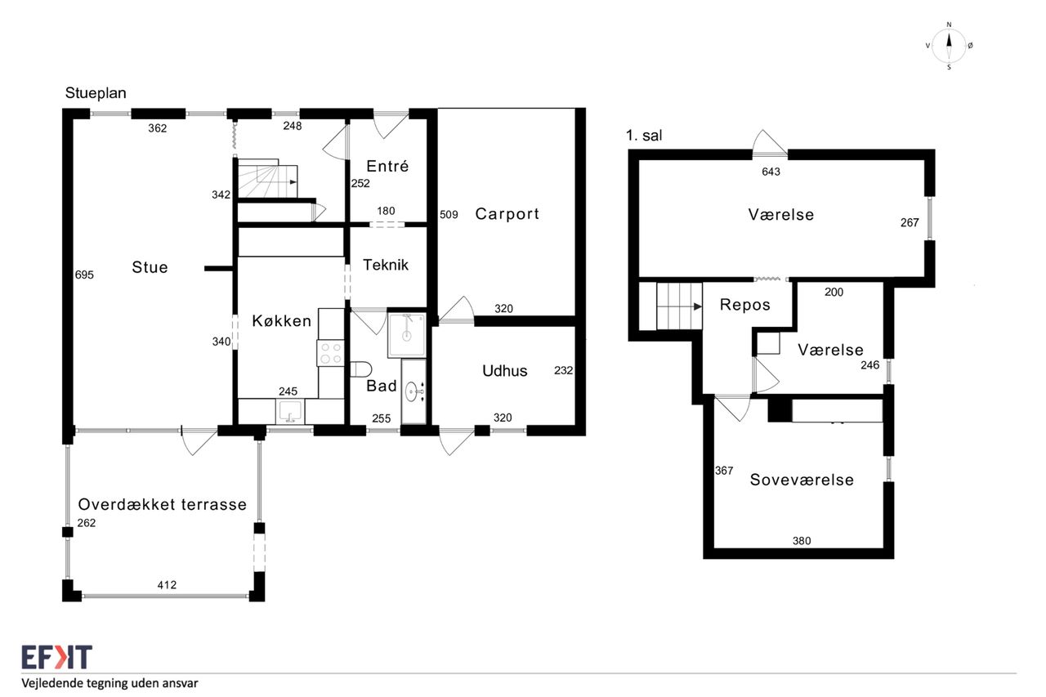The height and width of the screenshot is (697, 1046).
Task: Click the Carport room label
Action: (507, 214)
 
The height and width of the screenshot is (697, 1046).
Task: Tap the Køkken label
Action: (282, 321)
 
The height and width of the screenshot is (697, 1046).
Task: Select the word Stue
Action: (150, 267)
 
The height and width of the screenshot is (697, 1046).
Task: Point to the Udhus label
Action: (505, 371)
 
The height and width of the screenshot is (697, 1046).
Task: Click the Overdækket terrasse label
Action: (162, 504)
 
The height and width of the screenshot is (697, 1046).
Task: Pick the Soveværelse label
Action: (802, 480)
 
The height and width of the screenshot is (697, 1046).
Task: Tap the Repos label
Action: (744, 305)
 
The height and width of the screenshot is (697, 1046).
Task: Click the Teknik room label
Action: (386, 265)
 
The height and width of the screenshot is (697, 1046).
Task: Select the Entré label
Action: (387, 166)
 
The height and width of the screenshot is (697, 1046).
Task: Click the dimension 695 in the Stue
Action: (84, 275)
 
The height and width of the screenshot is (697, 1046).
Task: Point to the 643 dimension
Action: (771, 172)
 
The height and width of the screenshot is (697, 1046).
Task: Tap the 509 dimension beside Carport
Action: (449, 215)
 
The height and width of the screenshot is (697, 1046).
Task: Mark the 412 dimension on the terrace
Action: (167, 585)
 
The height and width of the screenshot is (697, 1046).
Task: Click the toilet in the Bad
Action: (360, 369)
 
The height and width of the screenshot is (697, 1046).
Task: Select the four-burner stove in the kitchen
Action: (331, 353)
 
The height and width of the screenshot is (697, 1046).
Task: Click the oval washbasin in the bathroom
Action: (411, 391)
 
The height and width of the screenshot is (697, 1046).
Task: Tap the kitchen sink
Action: (289, 411)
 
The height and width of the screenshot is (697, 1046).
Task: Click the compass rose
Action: (949, 46)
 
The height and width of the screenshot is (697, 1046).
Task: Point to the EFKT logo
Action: (57, 657)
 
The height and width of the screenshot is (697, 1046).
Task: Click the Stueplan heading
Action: (96, 93)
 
